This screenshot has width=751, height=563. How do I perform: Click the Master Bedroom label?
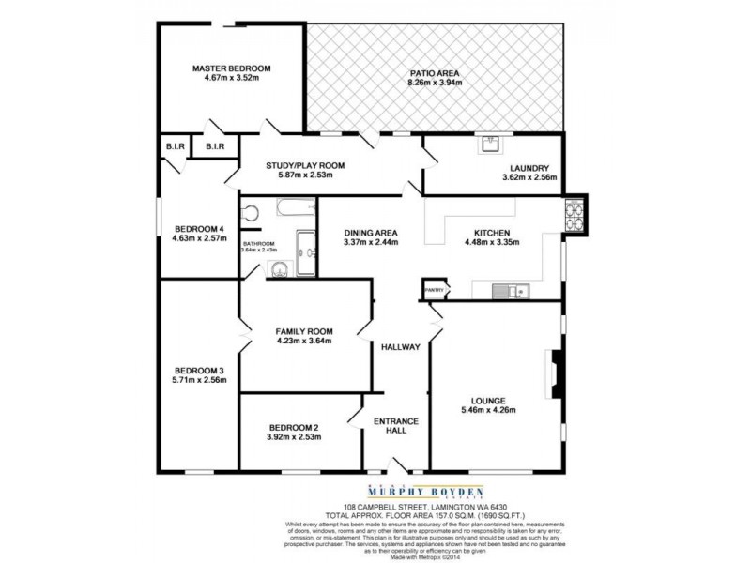click(x=231, y=68)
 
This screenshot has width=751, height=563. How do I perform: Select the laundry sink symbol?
click(x=490, y=144)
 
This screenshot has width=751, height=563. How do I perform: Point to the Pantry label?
click(x=434, y=291)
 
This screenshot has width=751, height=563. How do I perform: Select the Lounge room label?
click(x=489, y=398)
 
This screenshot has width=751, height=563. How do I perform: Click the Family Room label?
click(x=304, y=331)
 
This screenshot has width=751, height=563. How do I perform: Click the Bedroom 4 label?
click(x=199, y=229)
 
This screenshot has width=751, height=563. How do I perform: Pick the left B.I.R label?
click(x=175, y=146)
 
